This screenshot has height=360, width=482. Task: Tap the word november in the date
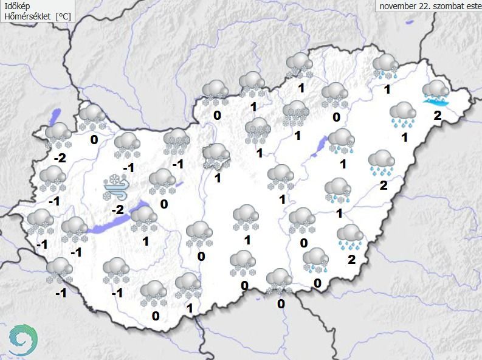[x=399, y=6]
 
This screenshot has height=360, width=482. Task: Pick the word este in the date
[x=473, y=6]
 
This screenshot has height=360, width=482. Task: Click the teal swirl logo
[x=23, y=339]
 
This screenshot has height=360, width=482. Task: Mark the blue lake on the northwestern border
[x=56, y=116]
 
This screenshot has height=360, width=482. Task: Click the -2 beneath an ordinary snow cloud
[x=60, y=158]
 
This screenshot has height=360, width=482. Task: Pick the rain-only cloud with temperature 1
[x=402, y=115]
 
